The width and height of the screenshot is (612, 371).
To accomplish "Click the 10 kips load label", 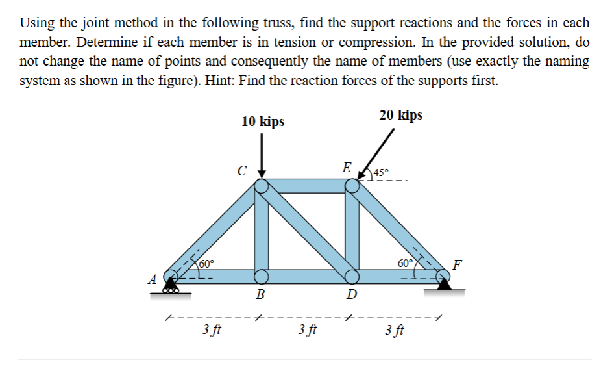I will point(262,122).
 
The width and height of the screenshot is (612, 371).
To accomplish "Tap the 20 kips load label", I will point(400,115).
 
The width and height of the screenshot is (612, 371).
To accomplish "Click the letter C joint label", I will point(241,172).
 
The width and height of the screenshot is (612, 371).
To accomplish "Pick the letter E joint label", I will point(348,167).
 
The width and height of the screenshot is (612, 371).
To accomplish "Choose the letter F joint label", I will point(458,264).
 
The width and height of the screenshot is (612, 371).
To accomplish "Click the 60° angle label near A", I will point(206,263).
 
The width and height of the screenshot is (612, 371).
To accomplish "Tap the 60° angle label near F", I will point(405,263).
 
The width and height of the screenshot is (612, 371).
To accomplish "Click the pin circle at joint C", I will point(262,186).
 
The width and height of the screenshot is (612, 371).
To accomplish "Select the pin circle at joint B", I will point(262,276).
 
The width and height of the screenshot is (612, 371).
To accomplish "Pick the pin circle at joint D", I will point(352,276).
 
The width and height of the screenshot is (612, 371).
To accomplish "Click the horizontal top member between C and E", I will point(306,186).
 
